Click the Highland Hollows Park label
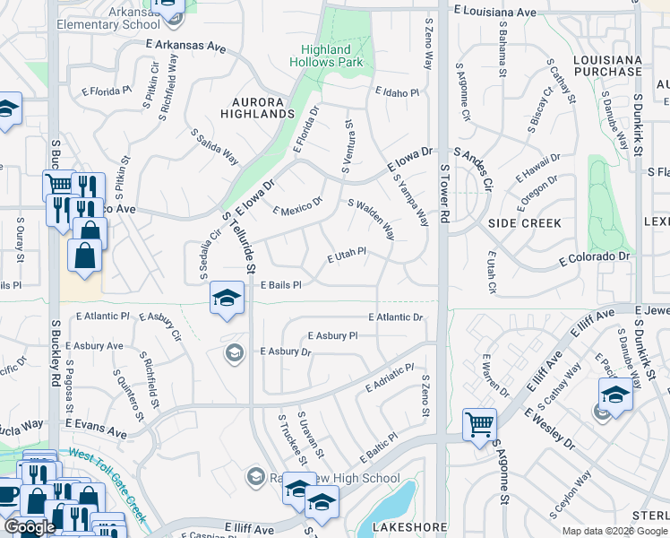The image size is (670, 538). click(325, 56)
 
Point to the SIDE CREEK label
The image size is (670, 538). click(525, 222)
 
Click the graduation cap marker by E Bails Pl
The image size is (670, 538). click(228, 298)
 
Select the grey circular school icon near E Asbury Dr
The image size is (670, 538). click(235, 351)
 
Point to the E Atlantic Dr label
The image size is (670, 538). click(395, 317)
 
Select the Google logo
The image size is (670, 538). click(30, 527)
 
